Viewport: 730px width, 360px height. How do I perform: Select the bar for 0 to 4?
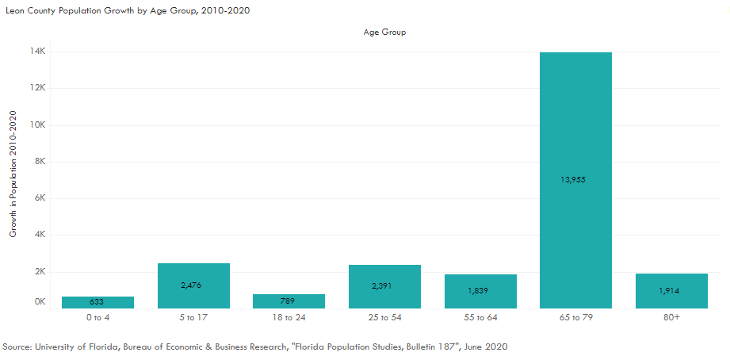click(97, 302)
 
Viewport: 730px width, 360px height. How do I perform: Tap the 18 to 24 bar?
click(289, 301)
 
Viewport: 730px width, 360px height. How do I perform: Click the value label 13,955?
click(575, 179)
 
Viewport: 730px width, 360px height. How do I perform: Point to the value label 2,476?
click(193, 285)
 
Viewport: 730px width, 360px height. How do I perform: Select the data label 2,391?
click(384, 285)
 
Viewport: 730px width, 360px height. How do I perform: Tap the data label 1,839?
click(480, 290)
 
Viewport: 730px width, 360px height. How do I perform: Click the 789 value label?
click(289, 301)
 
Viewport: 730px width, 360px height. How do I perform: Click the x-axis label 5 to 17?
click(193, 317)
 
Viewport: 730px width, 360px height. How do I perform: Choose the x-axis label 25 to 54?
click(384, 317)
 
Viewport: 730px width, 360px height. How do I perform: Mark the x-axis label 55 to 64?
click(480, 317)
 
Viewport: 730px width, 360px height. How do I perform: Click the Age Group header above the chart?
click(384, 33)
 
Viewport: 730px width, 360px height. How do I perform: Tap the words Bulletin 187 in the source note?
click(418, 347)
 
